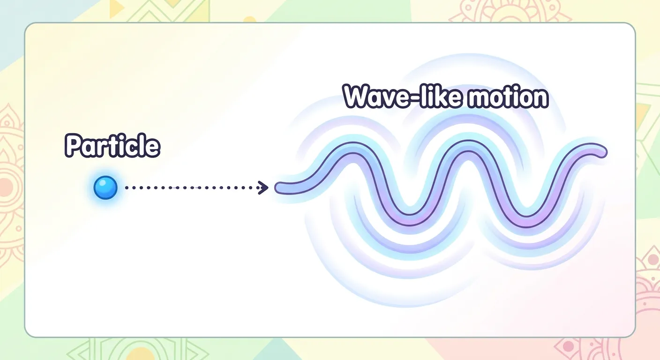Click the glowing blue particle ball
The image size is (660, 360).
(105, 188)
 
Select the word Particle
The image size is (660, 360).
(112, 146)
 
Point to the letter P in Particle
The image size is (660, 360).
(73, 146)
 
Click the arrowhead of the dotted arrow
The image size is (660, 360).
(264, 188)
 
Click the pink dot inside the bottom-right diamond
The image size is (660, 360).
(568, 346)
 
